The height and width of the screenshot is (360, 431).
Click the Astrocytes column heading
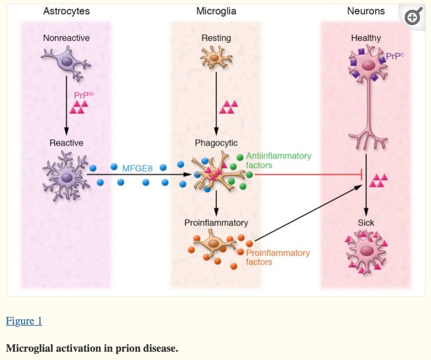(66, 11)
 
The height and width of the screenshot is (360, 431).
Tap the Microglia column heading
(216, 11)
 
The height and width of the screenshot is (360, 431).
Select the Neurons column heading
(366, 11)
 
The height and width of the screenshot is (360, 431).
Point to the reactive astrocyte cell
(66, 177)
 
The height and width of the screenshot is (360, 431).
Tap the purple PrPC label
(395, 56)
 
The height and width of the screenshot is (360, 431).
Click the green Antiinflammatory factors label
(278, 161)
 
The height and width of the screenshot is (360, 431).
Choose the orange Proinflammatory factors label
(278, 257)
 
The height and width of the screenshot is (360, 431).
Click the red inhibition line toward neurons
(305, 175)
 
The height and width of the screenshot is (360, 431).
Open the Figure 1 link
(24, 321)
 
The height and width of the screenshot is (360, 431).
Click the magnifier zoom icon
(413, 17)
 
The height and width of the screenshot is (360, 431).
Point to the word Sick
(366, 222)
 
